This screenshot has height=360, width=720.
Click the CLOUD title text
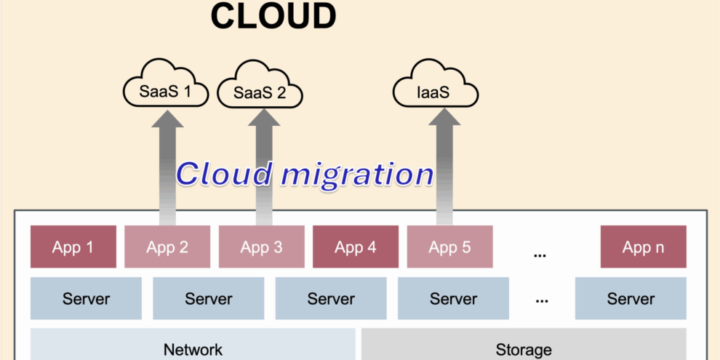tap(273, 16)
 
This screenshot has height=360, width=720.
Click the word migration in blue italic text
tap(358, 175)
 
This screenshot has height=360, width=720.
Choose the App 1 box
tap(73, 247)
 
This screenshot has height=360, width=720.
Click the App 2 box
tap(167, 247)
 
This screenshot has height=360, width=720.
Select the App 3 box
tap(261, 247)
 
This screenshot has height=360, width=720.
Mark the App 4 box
tap(356, 247)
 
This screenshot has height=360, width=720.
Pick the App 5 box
tap(449, 247)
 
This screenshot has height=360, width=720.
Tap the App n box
tap(643, 247)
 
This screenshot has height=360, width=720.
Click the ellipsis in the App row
tap(540, 254)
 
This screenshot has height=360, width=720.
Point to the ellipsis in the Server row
tap(541, 300)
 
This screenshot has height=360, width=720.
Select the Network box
tap(193, 348)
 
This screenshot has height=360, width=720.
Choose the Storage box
tap(523, 348)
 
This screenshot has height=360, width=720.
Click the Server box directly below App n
tap(631, 298)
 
